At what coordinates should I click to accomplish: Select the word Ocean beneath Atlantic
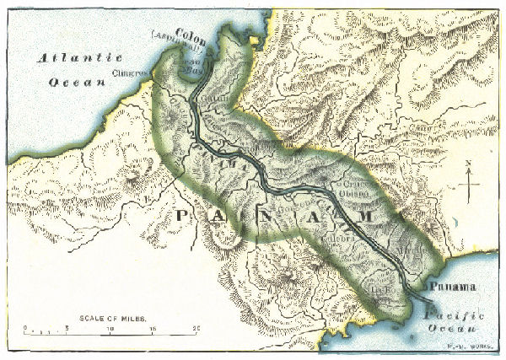click(x=75, y=82)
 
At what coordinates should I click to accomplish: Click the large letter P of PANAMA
click(x=183, y=216)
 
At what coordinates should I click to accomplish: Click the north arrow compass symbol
click(x=472, y=180)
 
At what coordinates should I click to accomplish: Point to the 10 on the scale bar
click(x=111, y=328)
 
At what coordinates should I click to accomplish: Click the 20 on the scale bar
click(x=196, y=328)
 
